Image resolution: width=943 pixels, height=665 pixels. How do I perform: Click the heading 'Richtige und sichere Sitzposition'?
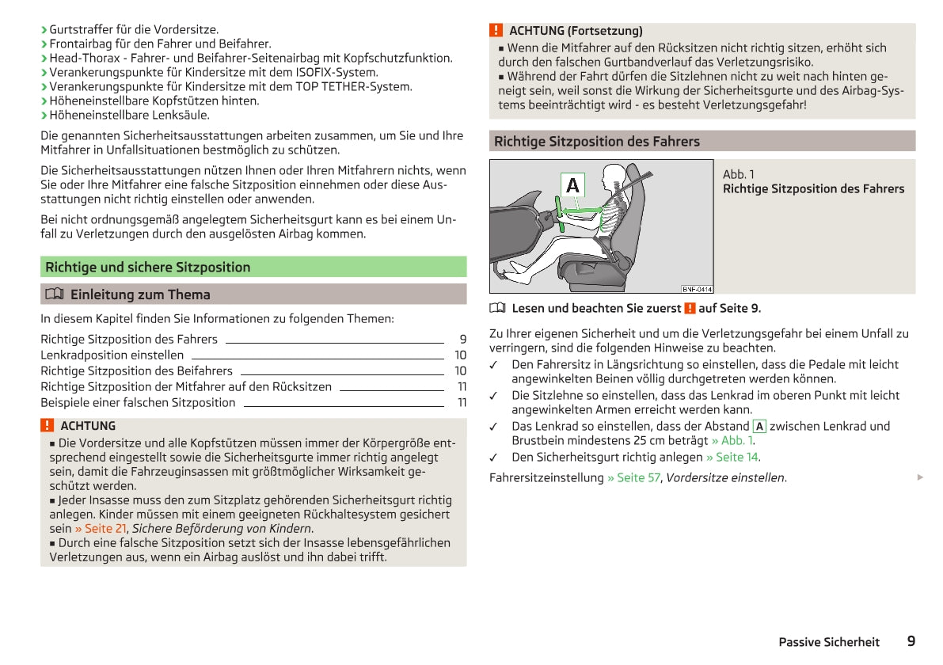click(147, 267)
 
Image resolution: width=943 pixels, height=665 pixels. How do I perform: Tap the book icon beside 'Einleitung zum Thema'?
click(53, 294)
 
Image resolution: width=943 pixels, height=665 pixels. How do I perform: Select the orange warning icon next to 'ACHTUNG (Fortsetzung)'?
click(496, 31)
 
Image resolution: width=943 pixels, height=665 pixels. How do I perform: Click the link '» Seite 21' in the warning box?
click(101, 528)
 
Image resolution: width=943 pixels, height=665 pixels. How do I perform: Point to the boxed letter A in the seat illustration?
click(572, 185)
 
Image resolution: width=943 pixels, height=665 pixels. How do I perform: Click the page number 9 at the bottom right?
click(911, 641)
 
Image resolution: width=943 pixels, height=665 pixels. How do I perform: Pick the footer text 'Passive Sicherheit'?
click(828, 642)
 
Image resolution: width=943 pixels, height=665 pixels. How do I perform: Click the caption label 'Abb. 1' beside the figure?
click(739, 174)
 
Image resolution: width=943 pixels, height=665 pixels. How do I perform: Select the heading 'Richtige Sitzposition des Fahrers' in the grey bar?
click(596, 142)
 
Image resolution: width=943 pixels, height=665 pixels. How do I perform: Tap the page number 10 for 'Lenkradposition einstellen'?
click(460, 355)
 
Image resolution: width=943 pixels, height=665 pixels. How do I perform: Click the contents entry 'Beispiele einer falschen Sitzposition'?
click(138, 402)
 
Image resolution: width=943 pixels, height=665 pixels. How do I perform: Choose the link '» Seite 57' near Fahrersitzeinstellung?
click(633, 477)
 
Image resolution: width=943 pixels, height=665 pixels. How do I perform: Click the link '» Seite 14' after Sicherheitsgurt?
click(732, 457)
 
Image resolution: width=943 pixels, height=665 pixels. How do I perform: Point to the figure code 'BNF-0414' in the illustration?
click(697, 289)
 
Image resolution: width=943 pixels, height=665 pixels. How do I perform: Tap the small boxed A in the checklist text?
click(759, 426)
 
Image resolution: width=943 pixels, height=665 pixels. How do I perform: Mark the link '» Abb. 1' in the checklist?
click(732, 440)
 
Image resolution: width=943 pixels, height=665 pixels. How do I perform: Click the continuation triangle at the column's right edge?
click(919, 477)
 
